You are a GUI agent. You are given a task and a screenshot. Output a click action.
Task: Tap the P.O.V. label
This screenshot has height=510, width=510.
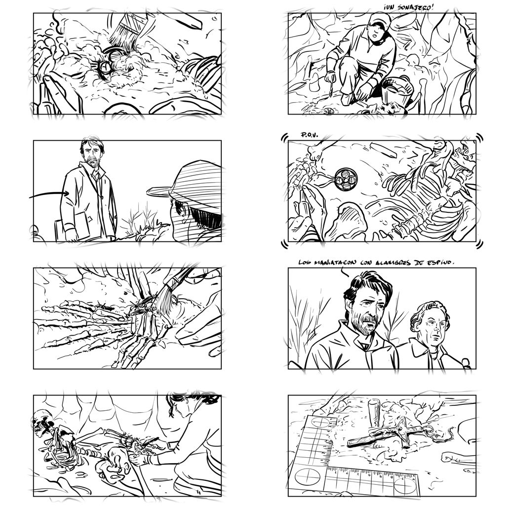(310, 135)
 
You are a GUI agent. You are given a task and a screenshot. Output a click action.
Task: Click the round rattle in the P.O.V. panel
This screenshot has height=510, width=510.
(346, 179)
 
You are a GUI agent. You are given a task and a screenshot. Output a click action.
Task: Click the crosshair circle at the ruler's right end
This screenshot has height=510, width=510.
(405, 486)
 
